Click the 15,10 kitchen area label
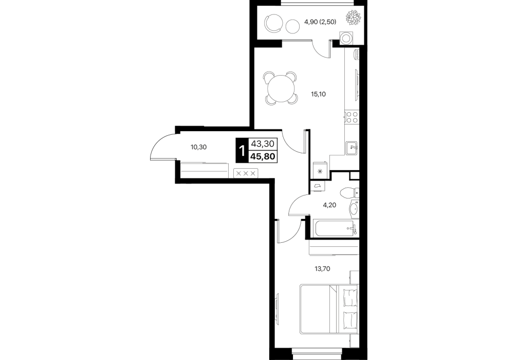point(319,94)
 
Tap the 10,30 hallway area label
point(198,147)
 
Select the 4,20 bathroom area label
point(329,205)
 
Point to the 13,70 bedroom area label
point(322,268)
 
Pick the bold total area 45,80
point(263,156)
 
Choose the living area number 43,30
point(263,143)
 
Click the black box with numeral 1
point(242,151)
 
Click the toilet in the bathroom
point(349,192)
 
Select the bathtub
point(334,228)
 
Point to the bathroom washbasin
point(354,209)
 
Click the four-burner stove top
point(352,117)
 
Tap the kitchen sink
point(352,148)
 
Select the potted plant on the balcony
point(353,17)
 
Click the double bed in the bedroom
point(329,309)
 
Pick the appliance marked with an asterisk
point(319,171)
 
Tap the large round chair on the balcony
point(274,23)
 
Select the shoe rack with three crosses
point(246,173)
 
